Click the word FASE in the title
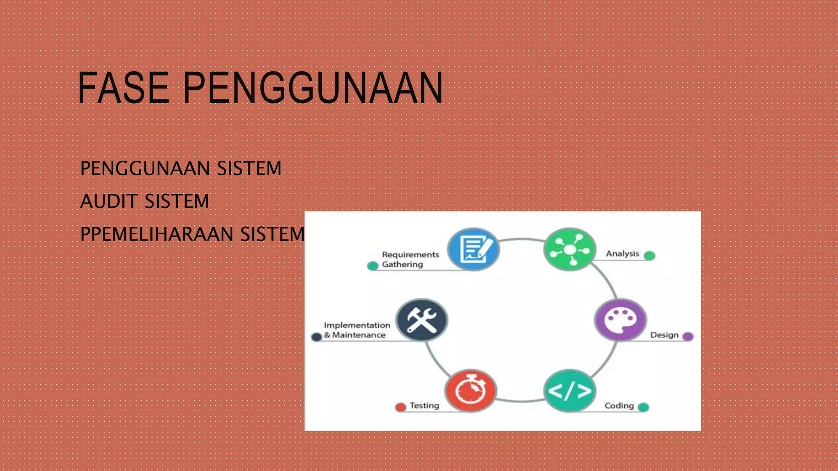point(123,87)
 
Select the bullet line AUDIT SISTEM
point(144,201)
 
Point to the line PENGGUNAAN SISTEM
point(181,168)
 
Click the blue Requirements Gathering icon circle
point(473,249)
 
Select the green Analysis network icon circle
point(570,249)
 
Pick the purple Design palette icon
point(620,320)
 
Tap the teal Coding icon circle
point(570,391)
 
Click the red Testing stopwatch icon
point(471,391)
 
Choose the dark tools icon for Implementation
point(422,320)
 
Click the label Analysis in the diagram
point(622,253)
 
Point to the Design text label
point(664,335)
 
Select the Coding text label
point(619,406)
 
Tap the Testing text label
point(424,406)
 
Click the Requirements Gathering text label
point(410,259)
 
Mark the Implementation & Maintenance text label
point(357,330)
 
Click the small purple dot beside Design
point(688,336)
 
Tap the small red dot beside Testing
point(401,407)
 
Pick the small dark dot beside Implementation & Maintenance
point(316,337)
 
